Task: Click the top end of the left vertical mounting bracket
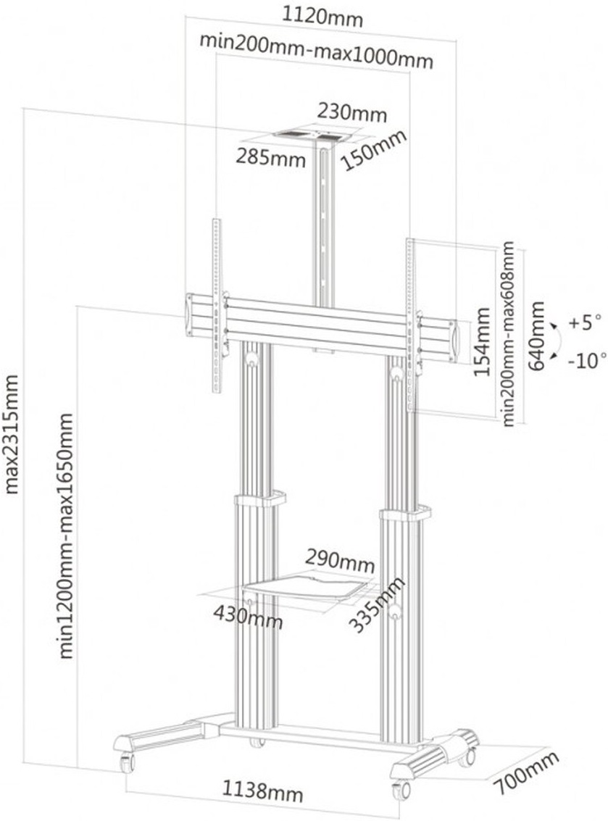pos(216,220)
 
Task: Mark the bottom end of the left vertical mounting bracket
pos(216,391)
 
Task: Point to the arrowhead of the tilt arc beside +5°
pos(553,328)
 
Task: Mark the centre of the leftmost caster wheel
pos(127,762)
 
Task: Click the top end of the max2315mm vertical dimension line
pos(22,109)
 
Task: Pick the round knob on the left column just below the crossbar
pos(251,358)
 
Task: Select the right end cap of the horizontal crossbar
pos(453,341)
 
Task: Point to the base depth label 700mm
pos(528,772)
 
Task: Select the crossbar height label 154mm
pos(482,341)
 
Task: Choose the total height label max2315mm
pos(12,434)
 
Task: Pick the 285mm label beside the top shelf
pos(270,157)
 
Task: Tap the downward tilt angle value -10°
pos(587,359)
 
